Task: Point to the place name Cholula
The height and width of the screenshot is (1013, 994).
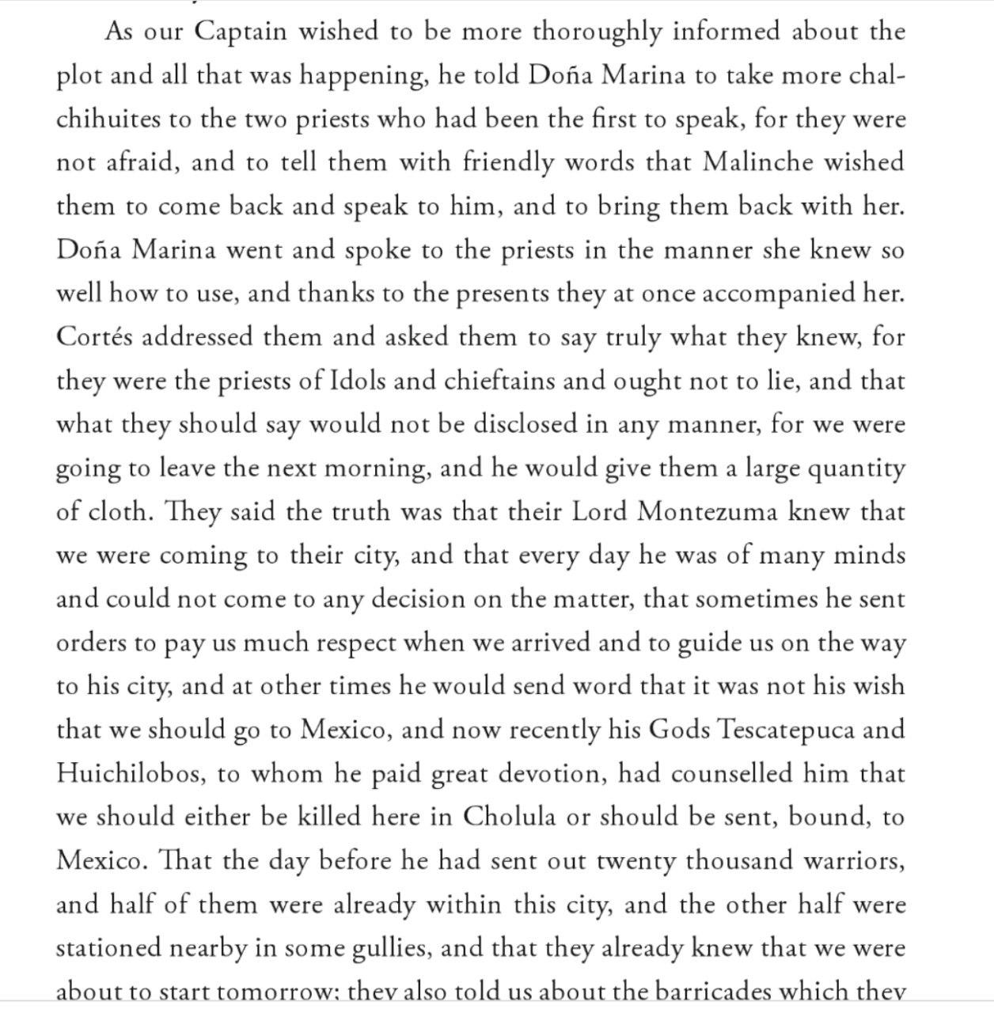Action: (510, 816)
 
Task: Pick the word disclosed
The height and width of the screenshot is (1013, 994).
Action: (525, 424)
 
